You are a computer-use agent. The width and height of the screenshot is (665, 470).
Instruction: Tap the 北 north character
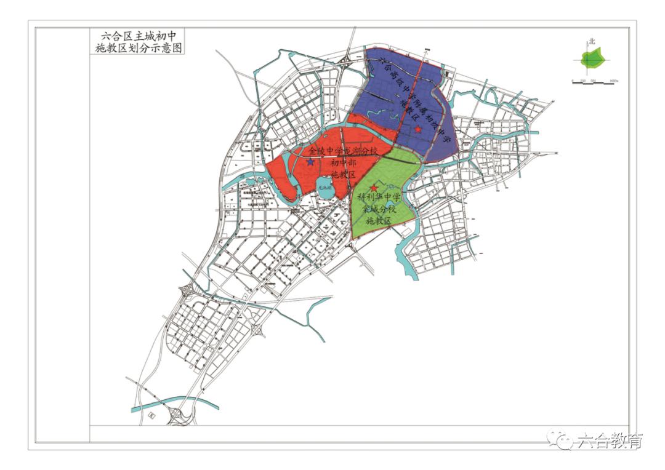592,42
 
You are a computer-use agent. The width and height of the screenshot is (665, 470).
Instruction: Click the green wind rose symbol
594,59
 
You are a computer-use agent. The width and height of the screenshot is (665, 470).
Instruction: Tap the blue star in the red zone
311,162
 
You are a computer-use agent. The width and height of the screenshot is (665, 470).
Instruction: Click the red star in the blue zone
418,129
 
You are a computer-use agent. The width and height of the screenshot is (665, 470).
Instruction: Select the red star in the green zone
373,188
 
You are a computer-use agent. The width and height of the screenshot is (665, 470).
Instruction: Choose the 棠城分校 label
379,210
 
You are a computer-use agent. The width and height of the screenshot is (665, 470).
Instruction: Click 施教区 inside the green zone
379,221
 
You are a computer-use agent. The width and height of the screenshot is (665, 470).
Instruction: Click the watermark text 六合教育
610,440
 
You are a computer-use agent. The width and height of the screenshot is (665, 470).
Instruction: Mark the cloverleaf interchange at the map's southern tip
178,418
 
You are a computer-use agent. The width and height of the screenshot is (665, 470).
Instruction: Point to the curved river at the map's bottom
179,404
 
